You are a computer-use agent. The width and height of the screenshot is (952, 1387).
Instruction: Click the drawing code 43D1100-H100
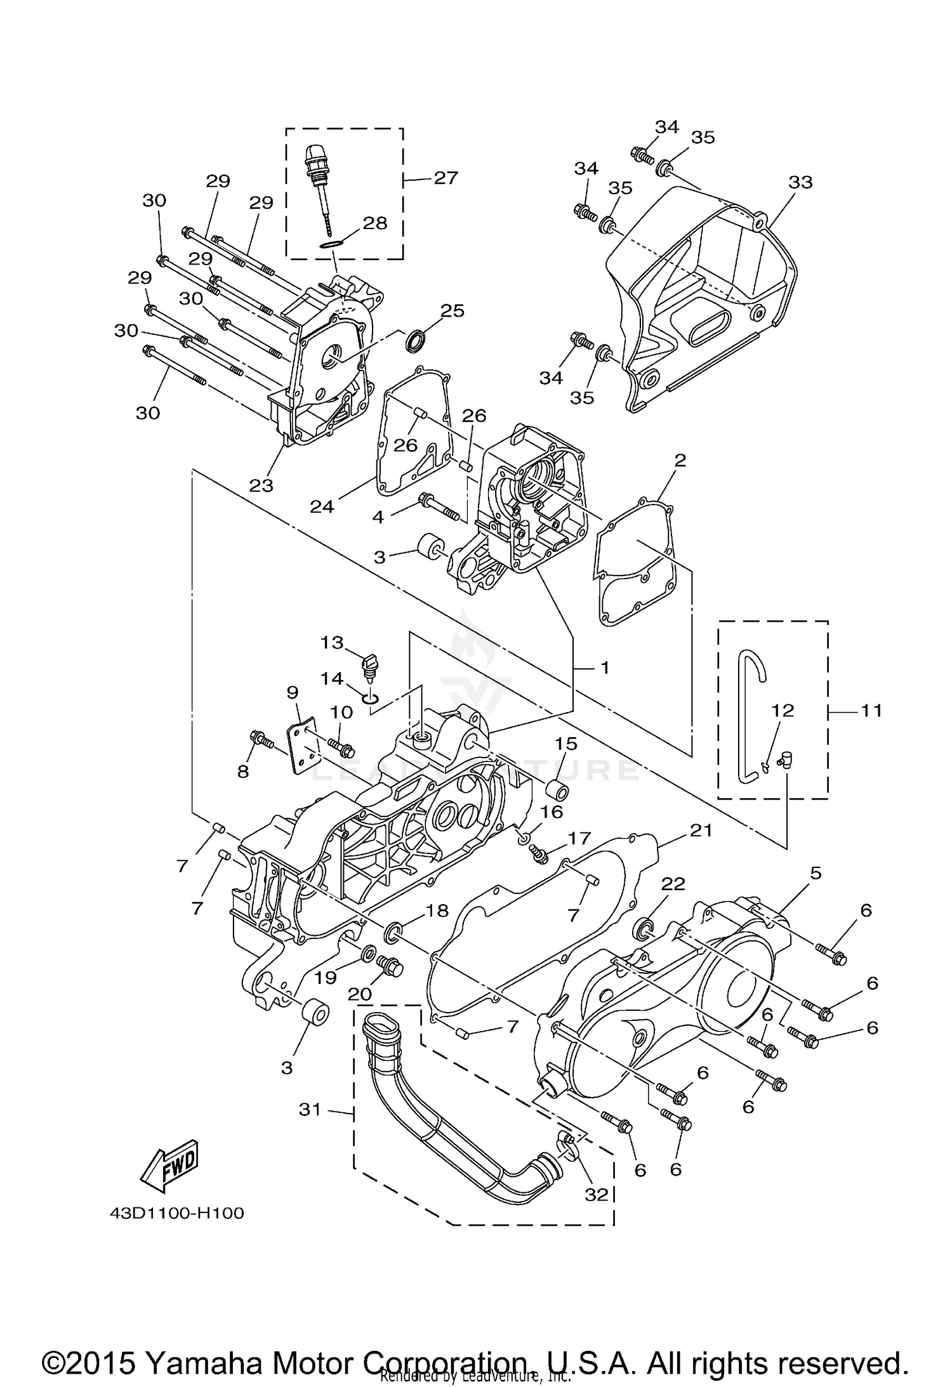click(x=176, y=1213)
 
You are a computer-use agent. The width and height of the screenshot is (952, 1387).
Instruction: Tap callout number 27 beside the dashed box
click(x=446, y=178)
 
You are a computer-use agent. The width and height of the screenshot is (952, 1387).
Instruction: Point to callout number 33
click(x=800, y=183)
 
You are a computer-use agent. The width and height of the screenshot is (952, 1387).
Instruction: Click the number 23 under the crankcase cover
click(x=261, y=485)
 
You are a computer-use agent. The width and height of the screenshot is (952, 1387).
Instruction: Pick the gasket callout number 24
click(x=322, y=506)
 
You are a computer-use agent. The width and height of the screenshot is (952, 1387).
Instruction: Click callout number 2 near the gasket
click(x=680, y=460)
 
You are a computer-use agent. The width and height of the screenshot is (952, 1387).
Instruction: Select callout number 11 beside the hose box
click(x=871, y=711)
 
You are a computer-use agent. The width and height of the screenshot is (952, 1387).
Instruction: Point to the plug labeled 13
click(x=368, y=666)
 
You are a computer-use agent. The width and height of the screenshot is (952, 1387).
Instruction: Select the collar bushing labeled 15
click(x=558, y=792)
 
